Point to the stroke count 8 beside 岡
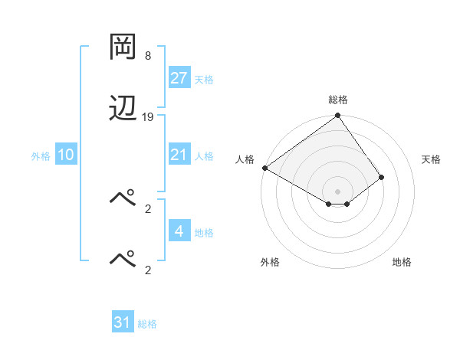pyautogui.click(x=148, y=56)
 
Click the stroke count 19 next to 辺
pyautogui.click(x=148, y=116)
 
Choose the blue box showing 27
pyautogui.click(x=179, y=78)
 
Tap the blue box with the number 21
pyautogui.click(x=179, y=155)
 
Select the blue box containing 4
pyautogui.click(x=179, y=231)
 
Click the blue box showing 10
pyautogui.click(x=66, y=155)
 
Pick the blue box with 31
pyautogui.click(x=123, y=322)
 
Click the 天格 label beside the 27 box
pyautogui.click(x=204, y=79)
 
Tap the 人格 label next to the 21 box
pyautogui.click(x=204, y=155)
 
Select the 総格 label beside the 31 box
pyautogui.click(x=147, y=324)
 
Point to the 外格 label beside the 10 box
pyautogui.click(x=41, y=155)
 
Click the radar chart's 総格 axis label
pyautogui.click(x=338, y=100)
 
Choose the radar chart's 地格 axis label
pyautogui.click(x=402, y=262)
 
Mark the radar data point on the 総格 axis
pyautogui.click(x=337, y=116)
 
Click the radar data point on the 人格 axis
pyautogui.click(x=264, y=168)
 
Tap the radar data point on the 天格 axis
pyautogui.click(x=381, y=177)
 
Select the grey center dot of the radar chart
pyautogui.click(x=337, y=191)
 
